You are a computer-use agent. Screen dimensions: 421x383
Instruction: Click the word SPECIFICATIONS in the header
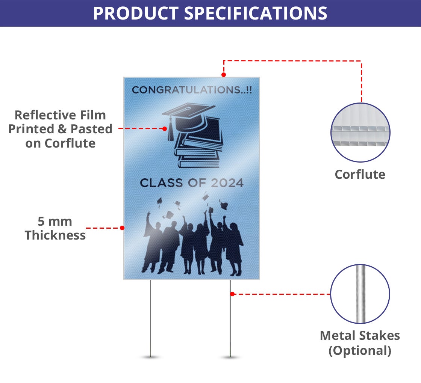[x=255, y=13]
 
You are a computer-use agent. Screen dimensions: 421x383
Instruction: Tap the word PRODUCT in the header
[x=136, y=13]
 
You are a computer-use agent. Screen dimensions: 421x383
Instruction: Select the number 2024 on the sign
[x=227, y=183]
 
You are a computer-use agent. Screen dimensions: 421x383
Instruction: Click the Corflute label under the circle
[x=360, y=174]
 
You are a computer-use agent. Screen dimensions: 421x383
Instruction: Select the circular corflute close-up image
[x=360, y=133]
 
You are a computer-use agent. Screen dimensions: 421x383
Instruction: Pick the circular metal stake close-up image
[x=360, y=294]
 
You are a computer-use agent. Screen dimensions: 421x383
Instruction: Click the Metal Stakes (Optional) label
[x=360, y=343]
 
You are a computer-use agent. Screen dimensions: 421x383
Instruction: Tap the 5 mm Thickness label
[x=55, y=228]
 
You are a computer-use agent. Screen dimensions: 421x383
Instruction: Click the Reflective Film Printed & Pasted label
[x=61, y=129]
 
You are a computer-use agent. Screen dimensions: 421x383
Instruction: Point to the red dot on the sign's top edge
[x=224, y=75]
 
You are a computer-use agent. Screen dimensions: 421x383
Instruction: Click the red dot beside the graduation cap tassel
[x=165, y=129]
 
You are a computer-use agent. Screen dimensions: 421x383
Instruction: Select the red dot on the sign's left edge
[x=122, y=228]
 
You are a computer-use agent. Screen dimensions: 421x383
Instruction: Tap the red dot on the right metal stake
[x=233, y=294]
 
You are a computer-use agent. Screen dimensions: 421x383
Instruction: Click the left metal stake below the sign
[x=150, y=318]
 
